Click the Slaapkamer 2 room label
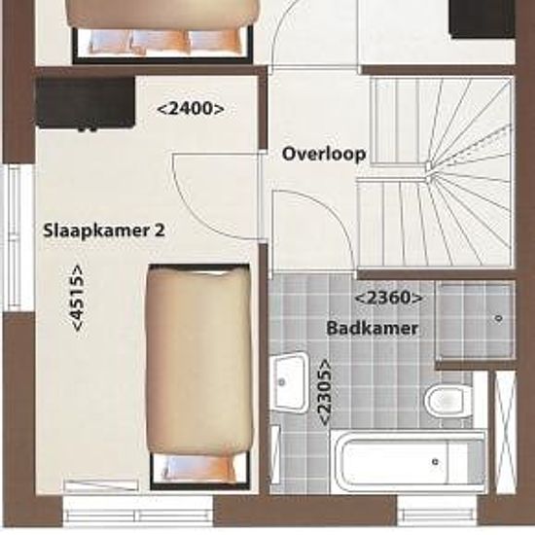tap(104, 231)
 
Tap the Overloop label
tap(324, 154)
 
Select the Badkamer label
tap(373, 328)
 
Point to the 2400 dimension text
tap(191, 109)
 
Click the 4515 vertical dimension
tap(77, 298)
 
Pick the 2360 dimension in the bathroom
tap(389, 298)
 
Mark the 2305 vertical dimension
tap(324, 392)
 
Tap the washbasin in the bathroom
tap(289, 382)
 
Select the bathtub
tap(409, 462)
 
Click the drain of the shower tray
tap(498, 318)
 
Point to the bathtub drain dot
tap(435, 462)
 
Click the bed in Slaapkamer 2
tap(200, 376)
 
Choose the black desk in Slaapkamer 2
tap(86, 103)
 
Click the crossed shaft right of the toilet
tap(505, 432)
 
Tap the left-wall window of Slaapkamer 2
tap(18, 238)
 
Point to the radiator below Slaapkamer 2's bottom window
tap(101, 485)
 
